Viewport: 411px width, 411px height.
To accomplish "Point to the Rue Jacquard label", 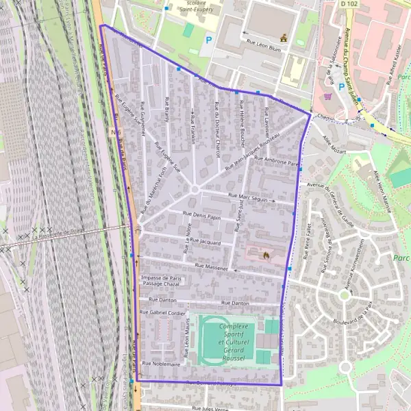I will pyautogui.click(x=205, y=241).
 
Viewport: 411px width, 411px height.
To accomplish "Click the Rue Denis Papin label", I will pyautogui.click(x=201, y=216).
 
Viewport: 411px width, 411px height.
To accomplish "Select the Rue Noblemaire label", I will pyautogui.click(x=162, y=364).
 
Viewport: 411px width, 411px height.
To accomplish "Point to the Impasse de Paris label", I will pyautogui.click(x=161, y=277).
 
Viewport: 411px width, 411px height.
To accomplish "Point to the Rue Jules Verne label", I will pyautogui.click(x=210, y=408).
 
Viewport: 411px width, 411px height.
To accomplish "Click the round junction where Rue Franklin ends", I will pyautogui.click(x=195, y=189).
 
